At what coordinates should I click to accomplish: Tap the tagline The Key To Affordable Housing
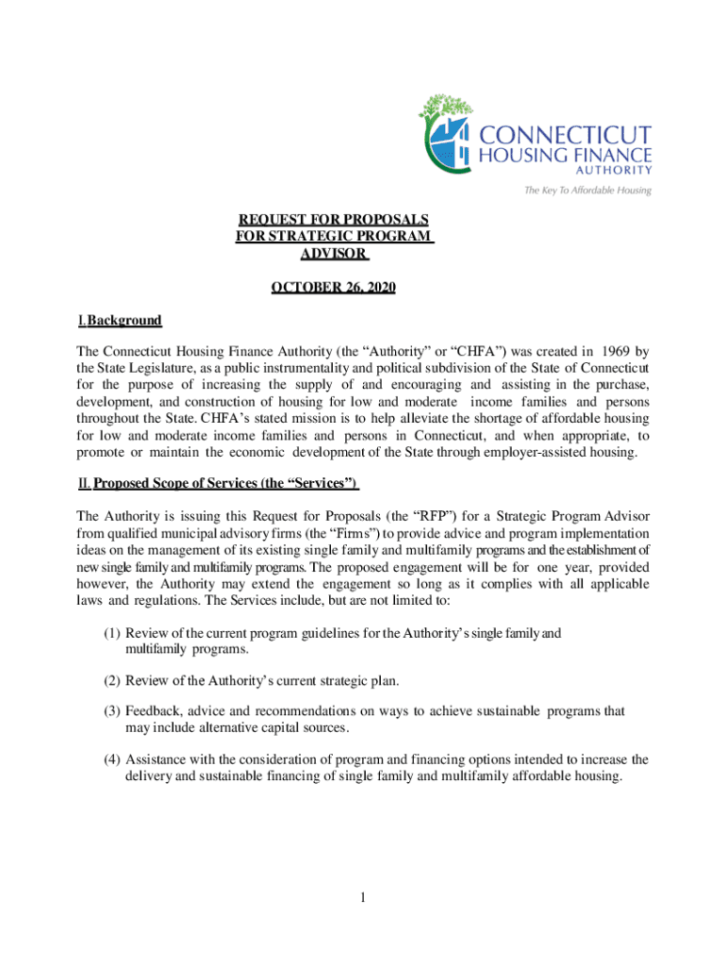click(x=587, y=190)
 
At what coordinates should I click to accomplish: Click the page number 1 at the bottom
click(x=362, y=897)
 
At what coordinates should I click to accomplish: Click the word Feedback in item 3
click(x=155, y=710)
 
